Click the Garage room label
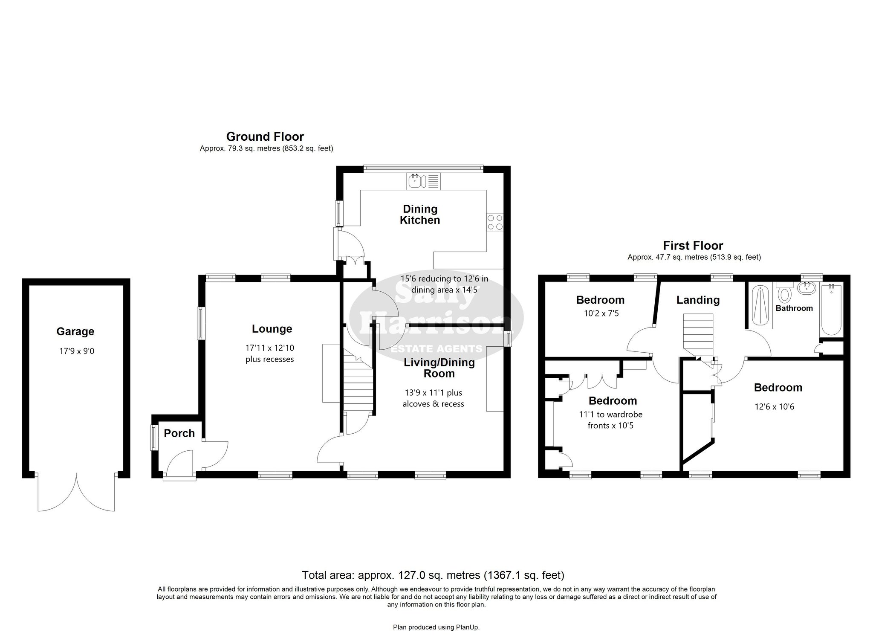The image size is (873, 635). [x=75, y=331]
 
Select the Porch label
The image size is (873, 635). [x=179, y=433]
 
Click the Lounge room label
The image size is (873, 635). [x=272, y=329]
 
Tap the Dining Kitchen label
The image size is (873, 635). [x=420, y=215]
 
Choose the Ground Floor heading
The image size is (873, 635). [x=265, y=136]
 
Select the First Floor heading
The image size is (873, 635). [x=693, y=246]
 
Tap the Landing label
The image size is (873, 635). [x=698, y=300]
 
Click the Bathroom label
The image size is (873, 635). [x=794, y=308]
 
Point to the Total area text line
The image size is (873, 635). [x=433, y=575]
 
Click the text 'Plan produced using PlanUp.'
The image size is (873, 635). [x=436, y=627]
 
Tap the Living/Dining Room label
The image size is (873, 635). [x=439, y=368]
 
